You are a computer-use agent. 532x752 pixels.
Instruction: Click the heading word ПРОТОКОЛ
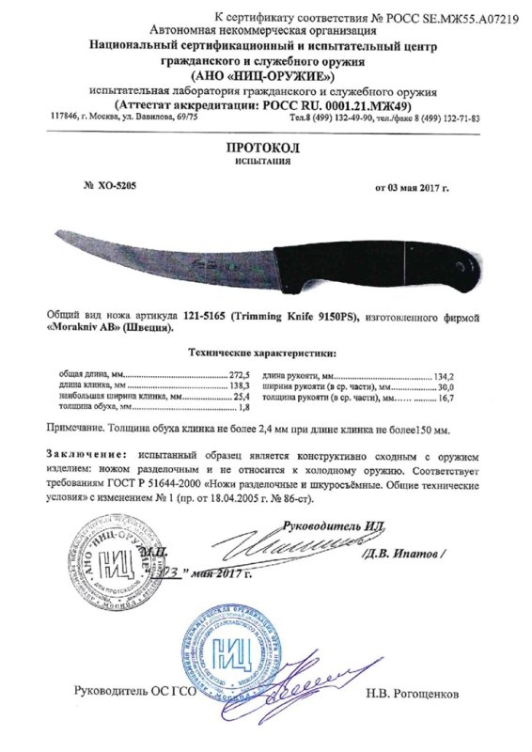pos(266,149)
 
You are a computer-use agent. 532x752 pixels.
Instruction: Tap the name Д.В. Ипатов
pos(408,556)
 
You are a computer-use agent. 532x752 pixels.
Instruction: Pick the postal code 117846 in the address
pos(65,118)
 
